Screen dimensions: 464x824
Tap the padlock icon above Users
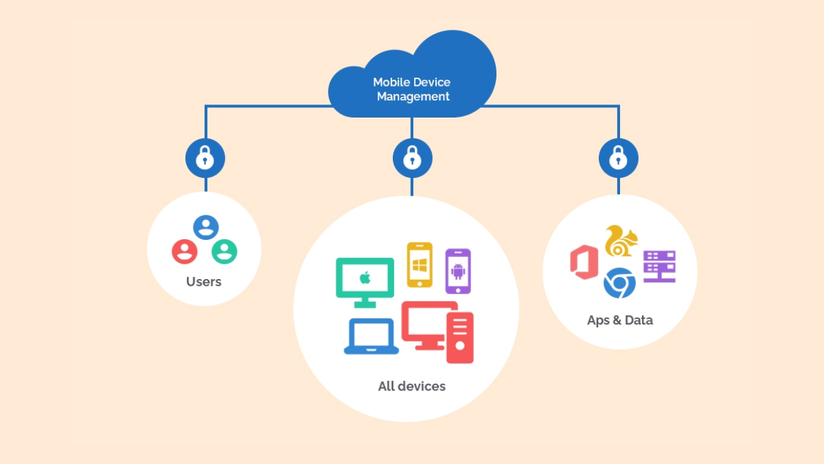pos(205,158)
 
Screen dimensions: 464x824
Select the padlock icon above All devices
pos(412,158)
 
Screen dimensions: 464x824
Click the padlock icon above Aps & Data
pos(618,158)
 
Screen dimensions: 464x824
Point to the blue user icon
pos(205,227)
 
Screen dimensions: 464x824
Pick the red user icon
pos(184,251)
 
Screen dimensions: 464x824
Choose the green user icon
pos(225,251)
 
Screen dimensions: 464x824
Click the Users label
pos(204,282)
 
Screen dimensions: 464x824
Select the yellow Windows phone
pos(420,265)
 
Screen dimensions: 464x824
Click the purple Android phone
pos(458,271)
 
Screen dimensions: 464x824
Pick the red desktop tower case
pos(459,337)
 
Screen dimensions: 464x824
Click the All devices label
pos(411,386)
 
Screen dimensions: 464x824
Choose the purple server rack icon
pos(659,267)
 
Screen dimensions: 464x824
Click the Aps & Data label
pos(619,320)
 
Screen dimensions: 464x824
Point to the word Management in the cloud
pos(413,97)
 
